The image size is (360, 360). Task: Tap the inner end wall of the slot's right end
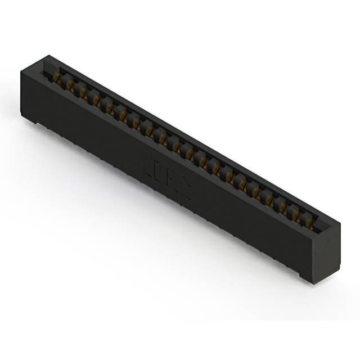(x=319, y=225)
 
